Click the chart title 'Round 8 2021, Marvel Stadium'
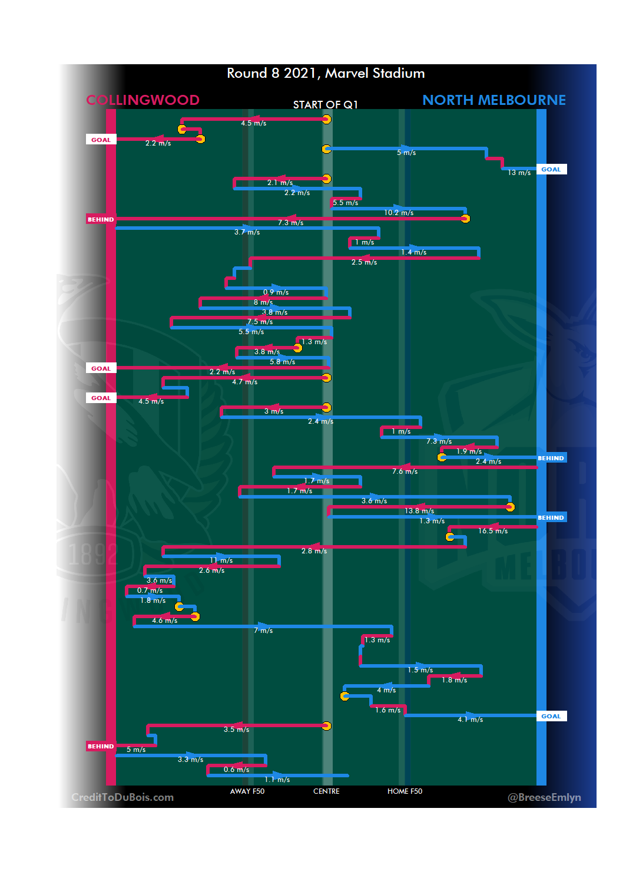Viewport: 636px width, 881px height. (326, 73)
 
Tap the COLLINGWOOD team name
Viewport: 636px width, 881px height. (143, 100)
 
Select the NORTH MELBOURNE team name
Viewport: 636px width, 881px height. (493, 100)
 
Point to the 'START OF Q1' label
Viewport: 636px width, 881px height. (325, 105)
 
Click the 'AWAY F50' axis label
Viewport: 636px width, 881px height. (247, 791)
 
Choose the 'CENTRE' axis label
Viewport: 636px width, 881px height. (326, 791)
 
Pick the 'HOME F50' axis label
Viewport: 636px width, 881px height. (405, 791)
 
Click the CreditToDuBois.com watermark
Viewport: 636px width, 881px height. (122, 797)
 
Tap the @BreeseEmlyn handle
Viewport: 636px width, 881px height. (544, 797)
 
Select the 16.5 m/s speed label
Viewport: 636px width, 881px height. (493, 531)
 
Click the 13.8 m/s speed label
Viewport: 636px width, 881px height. (419, 511)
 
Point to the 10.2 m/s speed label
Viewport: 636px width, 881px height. (399, 213)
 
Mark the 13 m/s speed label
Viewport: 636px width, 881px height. (519, 173)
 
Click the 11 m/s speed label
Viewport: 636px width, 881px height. (221, 560)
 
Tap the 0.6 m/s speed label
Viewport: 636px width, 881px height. (236, 770)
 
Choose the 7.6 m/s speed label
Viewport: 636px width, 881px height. (405, 471)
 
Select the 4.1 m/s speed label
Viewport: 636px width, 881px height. (470, 720)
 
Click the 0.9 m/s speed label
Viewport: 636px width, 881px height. (276, 292)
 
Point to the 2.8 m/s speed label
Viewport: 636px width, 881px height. (314, 551)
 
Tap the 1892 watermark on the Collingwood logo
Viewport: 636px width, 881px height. (92, 555)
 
